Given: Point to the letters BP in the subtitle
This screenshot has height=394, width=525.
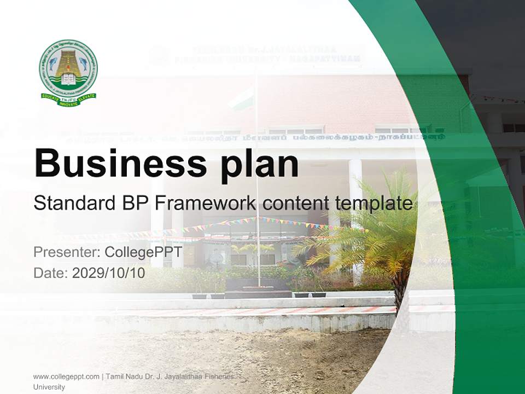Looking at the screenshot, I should pos(133,204).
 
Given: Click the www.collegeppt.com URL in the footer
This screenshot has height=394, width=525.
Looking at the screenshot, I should pos(66,376).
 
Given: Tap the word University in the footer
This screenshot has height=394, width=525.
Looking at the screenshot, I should pos(49,387).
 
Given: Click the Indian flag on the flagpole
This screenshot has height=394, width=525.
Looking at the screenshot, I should pos(243,100).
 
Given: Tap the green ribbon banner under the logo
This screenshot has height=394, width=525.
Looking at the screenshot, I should pos(68,98).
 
